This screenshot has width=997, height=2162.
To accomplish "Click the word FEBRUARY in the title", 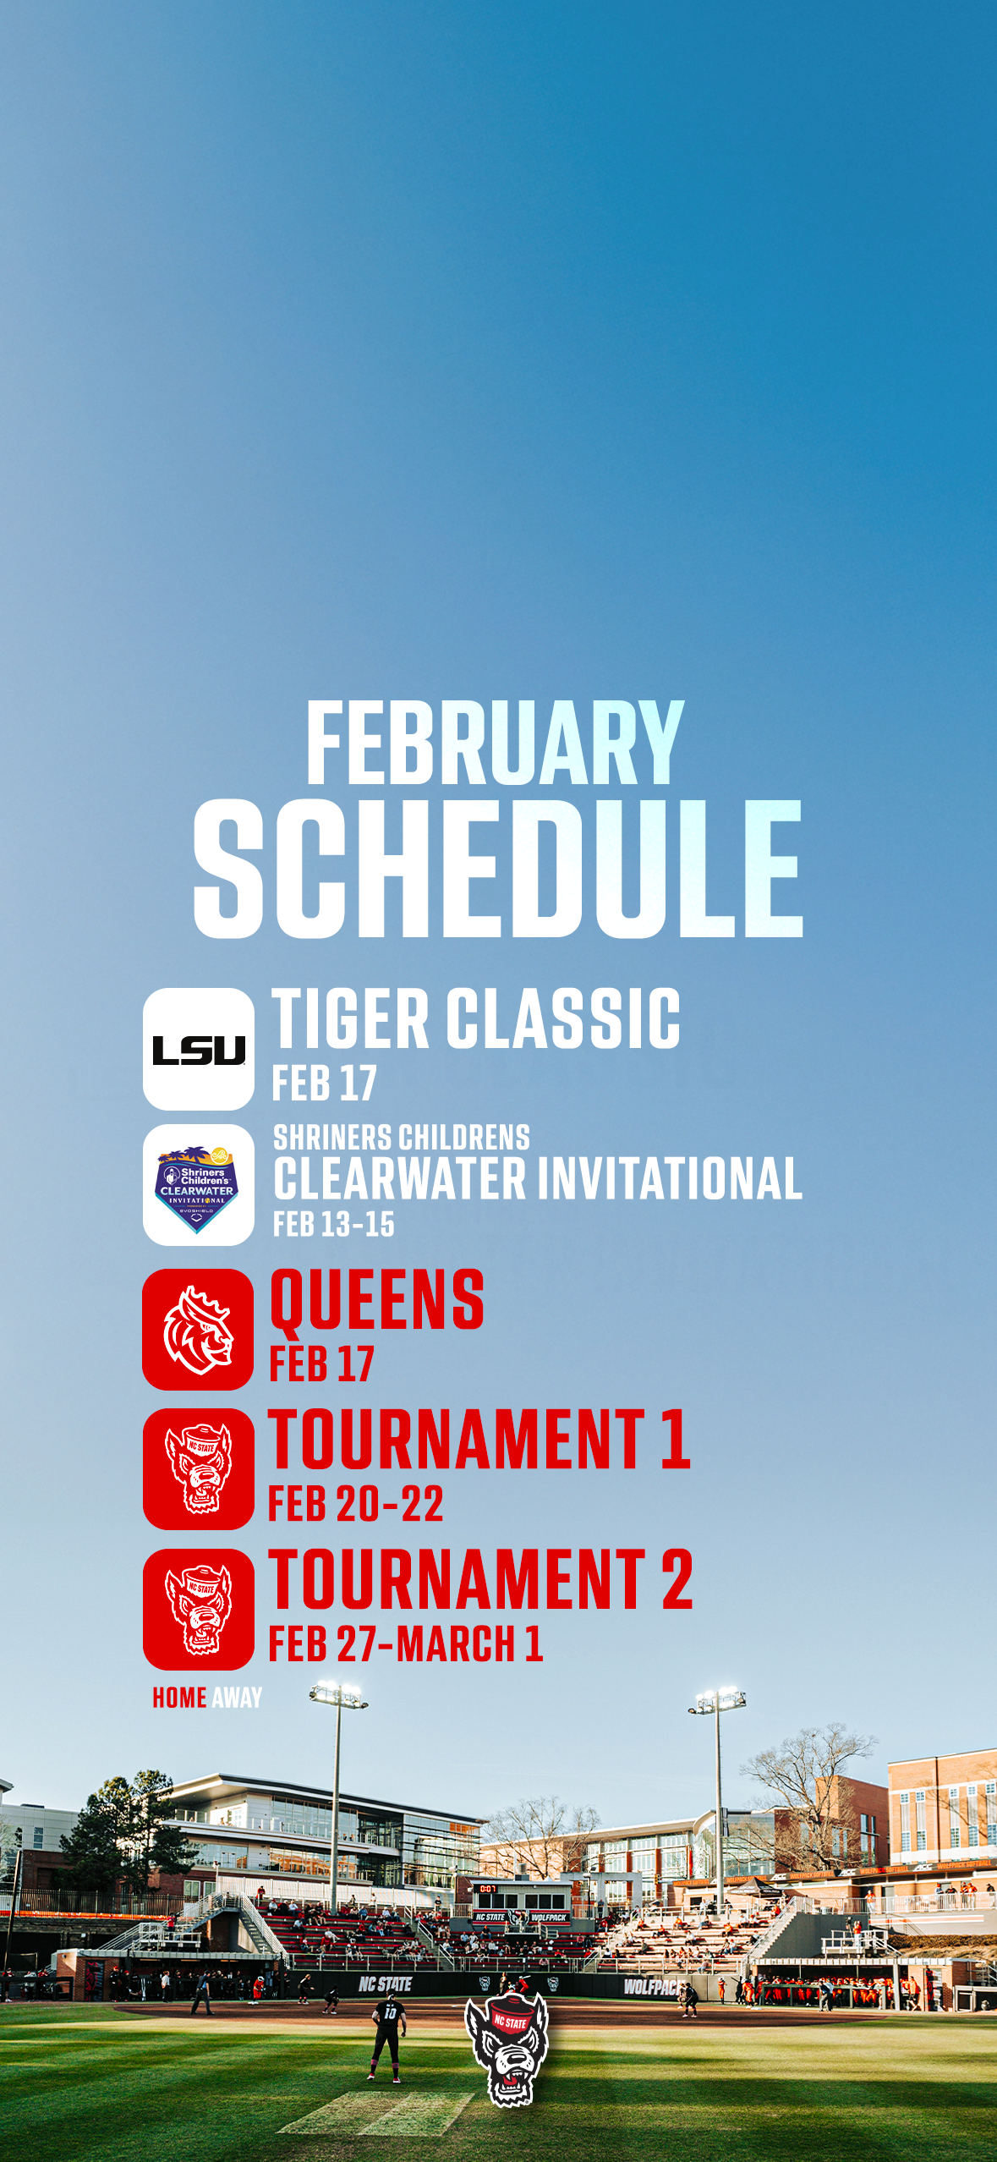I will click(494, 744).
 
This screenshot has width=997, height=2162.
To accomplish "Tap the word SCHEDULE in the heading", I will click(497, 869).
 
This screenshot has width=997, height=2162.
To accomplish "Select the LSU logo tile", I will click(198, 1049).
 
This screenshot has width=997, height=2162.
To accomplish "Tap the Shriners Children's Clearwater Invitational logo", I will click(198, 1184).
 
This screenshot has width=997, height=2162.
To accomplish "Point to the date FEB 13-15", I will click(333, 1224).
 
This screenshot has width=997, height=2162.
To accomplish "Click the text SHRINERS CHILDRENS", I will click(401, 1138).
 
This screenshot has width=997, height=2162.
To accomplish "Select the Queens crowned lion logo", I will click(198, 1329).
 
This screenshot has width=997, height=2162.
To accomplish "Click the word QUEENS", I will click(376, 1300).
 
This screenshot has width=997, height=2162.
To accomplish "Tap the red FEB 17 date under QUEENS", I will click(321, 1364).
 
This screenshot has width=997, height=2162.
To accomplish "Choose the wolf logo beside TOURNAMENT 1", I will click(198, 1469).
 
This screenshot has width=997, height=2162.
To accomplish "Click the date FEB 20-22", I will click(355, 1504).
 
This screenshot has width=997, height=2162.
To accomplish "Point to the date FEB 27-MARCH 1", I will click(405, 1644).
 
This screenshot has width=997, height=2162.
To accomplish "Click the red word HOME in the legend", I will click(179, 1698).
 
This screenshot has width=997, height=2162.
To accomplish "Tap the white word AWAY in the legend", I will click(237, 1698).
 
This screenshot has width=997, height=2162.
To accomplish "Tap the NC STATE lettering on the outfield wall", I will click(385, 1984).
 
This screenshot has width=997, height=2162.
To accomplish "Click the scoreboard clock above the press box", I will click(488, 1888).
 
